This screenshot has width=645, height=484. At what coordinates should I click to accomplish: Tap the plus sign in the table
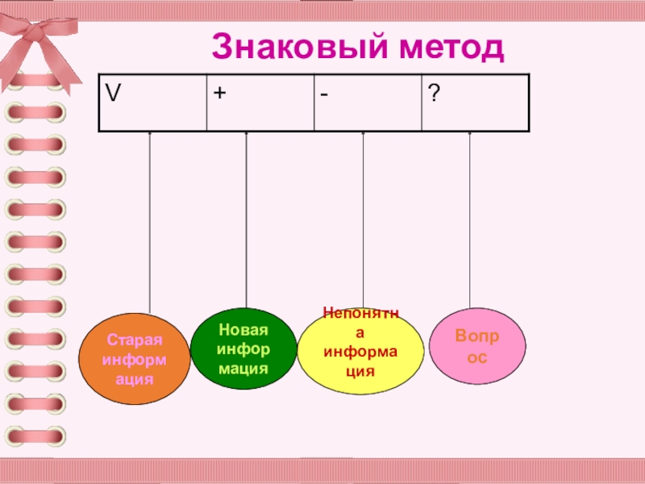218,94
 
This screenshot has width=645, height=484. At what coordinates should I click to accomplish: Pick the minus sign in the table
322,95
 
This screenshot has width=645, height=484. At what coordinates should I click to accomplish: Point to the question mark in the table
434,94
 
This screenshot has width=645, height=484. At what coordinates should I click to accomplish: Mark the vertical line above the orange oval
150,226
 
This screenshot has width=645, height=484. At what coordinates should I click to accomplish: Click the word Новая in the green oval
242,331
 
